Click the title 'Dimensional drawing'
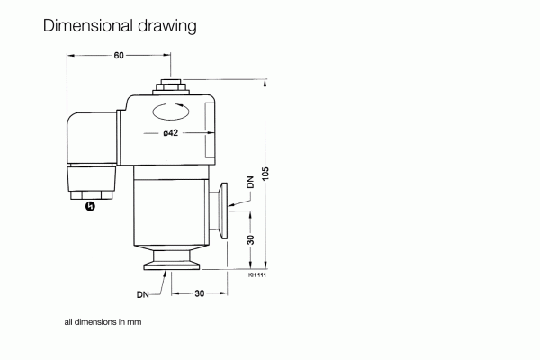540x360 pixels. click(120, 26)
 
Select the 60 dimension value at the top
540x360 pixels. click(118, 56)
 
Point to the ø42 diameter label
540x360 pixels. click(171, 134)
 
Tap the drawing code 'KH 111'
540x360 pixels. click(257, 274)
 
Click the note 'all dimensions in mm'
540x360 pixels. click(103, 321)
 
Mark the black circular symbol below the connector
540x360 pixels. click(89, 207)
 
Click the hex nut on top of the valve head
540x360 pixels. click(170, 87)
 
